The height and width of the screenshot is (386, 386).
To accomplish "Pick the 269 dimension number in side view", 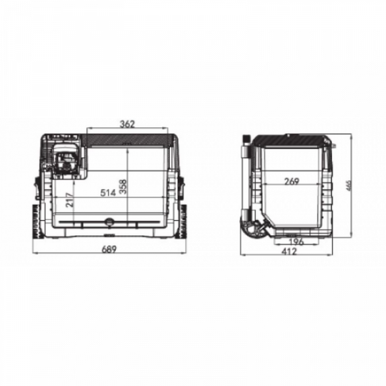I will [x=292, y=181].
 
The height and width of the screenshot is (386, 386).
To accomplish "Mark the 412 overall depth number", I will [x=290, y=252].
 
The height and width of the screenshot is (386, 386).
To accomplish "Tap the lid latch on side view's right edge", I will [x=334, y=147].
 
